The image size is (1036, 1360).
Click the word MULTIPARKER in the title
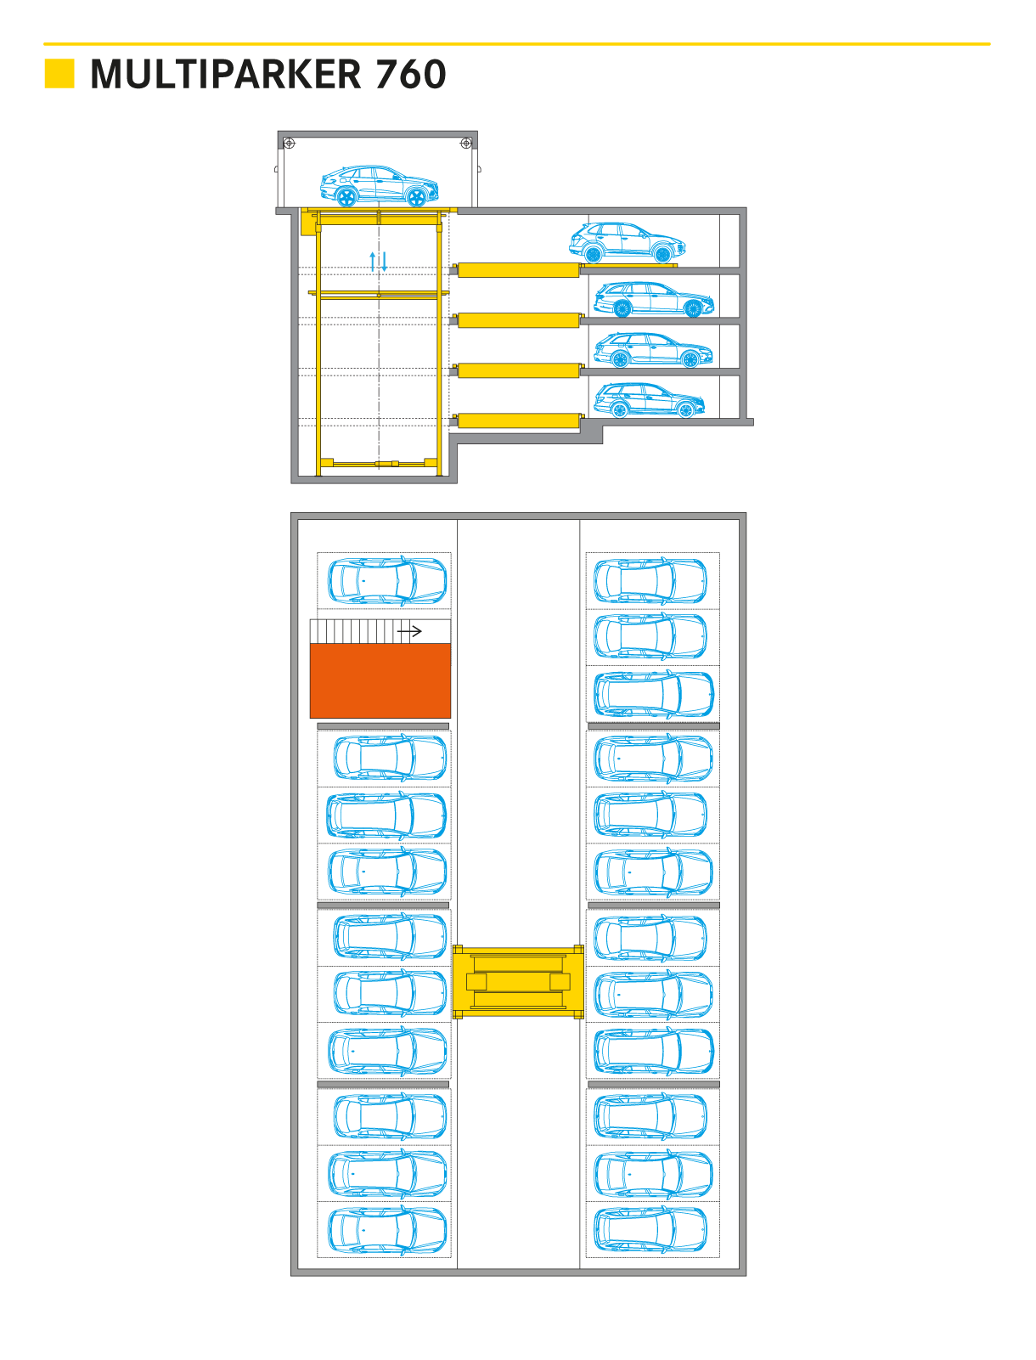[226, 75]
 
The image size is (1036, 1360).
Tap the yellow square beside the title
[59, 74]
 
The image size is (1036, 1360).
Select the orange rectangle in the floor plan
[380, 680]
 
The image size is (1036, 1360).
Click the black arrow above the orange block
[409, 631]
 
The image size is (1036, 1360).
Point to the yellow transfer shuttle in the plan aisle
[518, 982]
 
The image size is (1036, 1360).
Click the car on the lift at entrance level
[379, 186]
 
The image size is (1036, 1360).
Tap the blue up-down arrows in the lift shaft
[379, 261]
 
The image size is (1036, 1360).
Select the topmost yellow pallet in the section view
[518, 270]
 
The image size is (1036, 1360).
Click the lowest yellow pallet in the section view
[518, 420]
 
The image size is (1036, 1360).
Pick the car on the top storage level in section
[627, 242]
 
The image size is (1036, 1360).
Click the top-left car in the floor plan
[387, 581]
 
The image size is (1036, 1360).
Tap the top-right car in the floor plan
[650, 581]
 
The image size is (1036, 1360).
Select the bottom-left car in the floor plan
[387, 1230]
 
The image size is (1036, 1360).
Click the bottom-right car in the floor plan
[650, 1230]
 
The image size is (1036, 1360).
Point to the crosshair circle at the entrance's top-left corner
[289, 143]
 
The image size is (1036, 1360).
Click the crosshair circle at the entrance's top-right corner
[465, 143]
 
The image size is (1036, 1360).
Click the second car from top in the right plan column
[650, 637]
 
